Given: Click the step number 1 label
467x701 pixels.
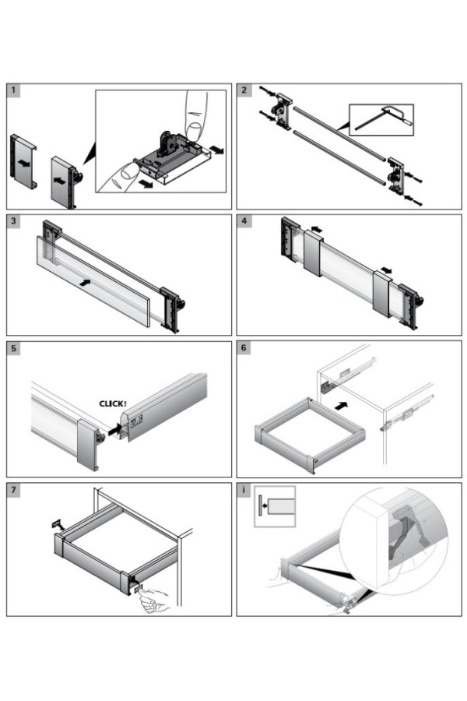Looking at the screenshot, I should (14, 91).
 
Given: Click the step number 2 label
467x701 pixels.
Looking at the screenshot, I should (244, 91).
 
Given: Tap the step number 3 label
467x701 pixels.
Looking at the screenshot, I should (14, 221).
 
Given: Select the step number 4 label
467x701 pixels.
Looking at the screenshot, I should (244, 221).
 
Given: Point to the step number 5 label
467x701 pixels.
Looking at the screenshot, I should (14, 348).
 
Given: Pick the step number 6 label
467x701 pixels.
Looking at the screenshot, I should (244, 348).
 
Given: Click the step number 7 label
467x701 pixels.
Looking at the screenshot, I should (14, 490).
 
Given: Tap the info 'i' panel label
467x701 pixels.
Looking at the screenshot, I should (244, 490).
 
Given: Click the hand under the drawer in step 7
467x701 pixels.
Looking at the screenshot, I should (156, 598).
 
